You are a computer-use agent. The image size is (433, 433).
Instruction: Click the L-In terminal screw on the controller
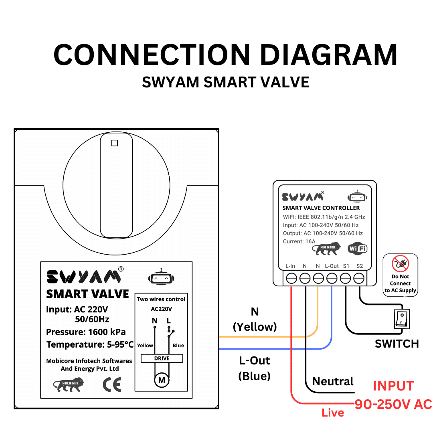[x=291, y=278]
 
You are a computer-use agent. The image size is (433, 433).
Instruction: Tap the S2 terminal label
[x=360, y=266]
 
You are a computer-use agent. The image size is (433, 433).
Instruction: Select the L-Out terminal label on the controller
[x=332, y=266]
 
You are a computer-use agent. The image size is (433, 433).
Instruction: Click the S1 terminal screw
[x=346, y=278]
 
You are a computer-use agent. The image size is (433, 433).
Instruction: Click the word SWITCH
[x=397, y=344]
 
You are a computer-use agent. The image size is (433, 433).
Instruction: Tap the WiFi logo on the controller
[x=357, y=249]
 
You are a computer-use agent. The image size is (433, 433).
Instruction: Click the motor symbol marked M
[x=162, y=380]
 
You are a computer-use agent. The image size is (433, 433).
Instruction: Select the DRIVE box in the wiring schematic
[x=162, y=358]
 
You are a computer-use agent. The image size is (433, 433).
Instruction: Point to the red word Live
[x=333, y=413]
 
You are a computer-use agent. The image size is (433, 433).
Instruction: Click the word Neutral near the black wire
[x=333, y=381]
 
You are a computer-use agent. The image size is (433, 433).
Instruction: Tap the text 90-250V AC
[x=393, y=405]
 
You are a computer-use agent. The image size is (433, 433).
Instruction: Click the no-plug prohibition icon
[x=400, y=264]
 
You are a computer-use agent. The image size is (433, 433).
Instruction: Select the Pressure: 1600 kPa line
[x=86, y=332]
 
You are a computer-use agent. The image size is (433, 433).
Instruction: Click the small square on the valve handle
[x=115, y=143]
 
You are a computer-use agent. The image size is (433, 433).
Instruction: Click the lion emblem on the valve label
[x=69, y=385]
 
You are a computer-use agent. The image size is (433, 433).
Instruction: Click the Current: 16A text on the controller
[x=299, y=241]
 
